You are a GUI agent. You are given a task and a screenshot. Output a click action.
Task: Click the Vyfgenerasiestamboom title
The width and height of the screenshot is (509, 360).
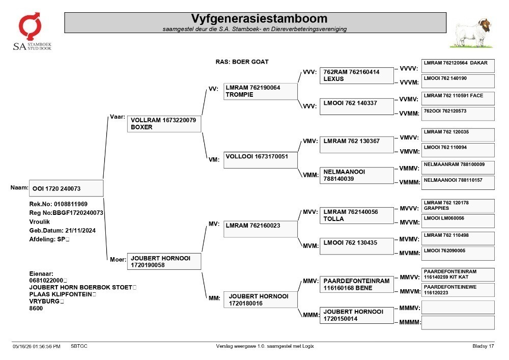259,18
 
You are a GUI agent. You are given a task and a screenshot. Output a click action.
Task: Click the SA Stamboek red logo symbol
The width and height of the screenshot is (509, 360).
30,26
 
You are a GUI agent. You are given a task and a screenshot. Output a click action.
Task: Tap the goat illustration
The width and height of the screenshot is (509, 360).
471,33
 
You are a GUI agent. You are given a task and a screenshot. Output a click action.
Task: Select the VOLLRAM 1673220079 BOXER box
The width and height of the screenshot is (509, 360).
164,124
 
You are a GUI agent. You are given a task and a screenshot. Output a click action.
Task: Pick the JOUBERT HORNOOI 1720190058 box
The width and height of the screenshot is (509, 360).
164,261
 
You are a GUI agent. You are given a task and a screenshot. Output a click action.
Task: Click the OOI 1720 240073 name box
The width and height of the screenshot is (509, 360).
66,188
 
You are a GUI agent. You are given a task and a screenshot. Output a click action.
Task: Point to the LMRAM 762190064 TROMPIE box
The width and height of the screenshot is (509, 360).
260,91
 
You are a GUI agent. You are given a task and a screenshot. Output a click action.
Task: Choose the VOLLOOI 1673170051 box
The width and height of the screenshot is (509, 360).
260,160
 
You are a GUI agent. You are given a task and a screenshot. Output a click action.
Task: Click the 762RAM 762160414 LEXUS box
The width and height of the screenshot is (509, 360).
356,76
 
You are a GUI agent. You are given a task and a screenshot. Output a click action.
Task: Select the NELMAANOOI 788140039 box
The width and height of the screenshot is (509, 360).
356,175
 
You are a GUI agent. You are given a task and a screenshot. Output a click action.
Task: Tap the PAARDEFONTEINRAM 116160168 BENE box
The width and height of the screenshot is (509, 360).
356,284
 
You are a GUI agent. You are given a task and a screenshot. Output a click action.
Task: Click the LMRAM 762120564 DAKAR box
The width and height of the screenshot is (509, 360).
458,66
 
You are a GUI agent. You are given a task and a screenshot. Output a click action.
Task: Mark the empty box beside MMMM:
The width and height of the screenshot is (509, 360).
458,323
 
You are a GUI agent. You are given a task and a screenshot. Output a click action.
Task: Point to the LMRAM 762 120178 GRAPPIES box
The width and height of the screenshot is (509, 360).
458,206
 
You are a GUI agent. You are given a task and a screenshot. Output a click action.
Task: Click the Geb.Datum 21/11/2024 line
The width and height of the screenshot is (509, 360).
62,231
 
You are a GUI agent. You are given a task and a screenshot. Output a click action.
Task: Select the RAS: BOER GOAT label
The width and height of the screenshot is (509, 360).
242,62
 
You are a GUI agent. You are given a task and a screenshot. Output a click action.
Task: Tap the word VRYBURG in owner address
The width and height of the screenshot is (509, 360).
44,301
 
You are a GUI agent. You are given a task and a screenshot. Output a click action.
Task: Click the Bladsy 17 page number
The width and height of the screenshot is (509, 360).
483,346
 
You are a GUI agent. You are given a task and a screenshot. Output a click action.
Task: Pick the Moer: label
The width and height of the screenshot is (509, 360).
118,259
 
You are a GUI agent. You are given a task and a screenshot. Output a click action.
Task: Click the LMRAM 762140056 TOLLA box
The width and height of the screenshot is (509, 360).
356,215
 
